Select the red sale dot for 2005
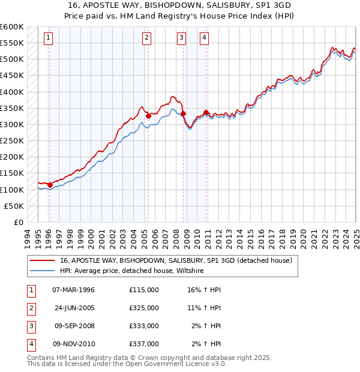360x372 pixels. [x=148, y=116]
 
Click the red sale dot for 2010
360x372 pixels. [x=206, y=112]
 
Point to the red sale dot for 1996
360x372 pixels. [x=50, y=185]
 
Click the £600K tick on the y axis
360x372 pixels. [x=11, y=27]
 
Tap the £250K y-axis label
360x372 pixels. [x=11, y=140]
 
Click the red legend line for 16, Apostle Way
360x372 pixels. [x=43, y=260]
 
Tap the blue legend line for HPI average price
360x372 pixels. [x=43, y=271]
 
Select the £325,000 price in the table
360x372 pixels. [x=144, y=308]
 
